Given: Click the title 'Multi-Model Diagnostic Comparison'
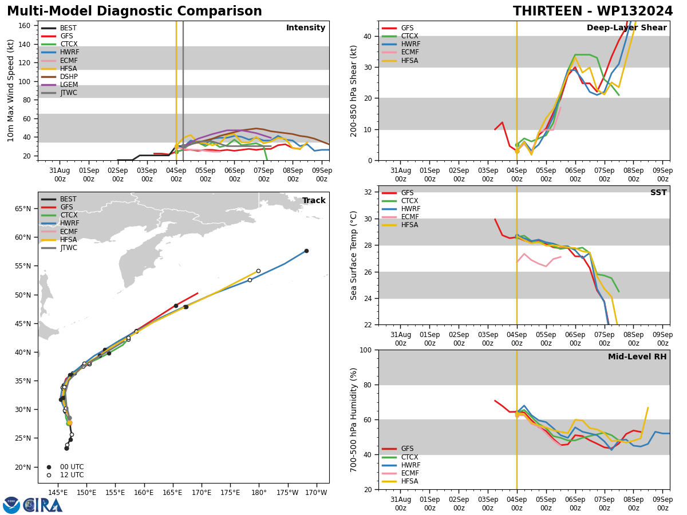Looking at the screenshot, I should (135, 11).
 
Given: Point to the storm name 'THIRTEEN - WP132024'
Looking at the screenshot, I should (593, 11).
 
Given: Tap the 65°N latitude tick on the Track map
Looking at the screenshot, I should (24, 209).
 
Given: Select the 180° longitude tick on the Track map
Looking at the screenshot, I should (259, 493).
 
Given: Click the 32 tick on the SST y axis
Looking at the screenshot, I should (369, 192).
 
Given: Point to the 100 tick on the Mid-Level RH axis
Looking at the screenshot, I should (367, 350).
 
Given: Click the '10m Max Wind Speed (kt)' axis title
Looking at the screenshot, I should (11, 90).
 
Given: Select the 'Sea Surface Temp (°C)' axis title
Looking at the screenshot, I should (354, 255).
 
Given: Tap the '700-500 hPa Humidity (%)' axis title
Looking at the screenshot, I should (354, 419).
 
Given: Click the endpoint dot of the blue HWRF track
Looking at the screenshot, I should (306, 251).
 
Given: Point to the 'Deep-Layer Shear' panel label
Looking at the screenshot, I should (626, 28).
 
